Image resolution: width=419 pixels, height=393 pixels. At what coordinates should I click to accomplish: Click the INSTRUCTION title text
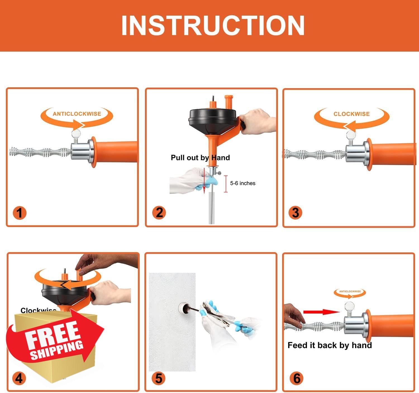[213, 25]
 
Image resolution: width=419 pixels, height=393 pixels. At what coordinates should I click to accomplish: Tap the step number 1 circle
[19, 213]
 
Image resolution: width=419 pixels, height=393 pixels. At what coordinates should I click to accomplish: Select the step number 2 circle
[159, 213]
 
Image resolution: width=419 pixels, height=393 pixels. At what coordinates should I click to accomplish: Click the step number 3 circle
[295, 213]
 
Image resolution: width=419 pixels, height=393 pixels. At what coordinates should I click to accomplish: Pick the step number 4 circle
[19, 378]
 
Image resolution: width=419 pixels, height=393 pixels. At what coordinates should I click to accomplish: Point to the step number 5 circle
[158, 378]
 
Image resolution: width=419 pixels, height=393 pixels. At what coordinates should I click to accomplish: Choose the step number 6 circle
[297, 378]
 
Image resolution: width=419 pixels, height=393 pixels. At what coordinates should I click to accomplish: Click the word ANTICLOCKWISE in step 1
[77, 114]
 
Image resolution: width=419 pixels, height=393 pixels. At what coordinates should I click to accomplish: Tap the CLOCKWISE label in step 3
[351, 114]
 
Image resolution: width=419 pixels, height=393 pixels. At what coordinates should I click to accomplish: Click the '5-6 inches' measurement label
[242, 183]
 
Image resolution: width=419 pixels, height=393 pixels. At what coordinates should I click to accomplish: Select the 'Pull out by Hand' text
[200, 158]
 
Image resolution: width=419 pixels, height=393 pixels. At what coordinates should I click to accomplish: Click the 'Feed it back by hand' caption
[330, 345]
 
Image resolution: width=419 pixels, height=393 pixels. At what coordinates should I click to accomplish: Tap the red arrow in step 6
[321, 312]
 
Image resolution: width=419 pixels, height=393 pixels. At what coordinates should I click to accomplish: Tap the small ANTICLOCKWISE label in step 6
[350, 291]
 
